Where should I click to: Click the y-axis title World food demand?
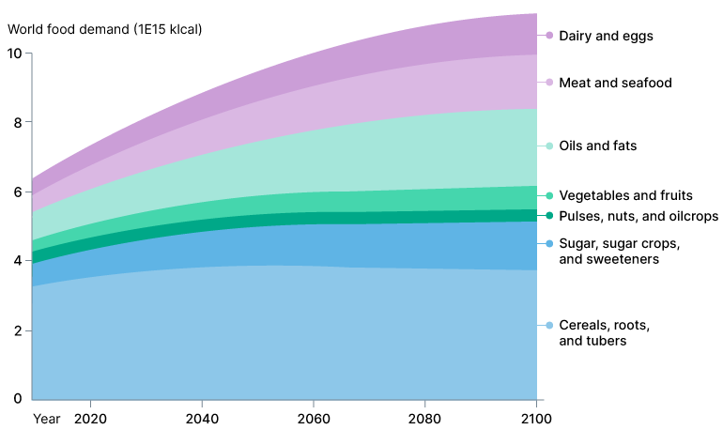pyautogui.click(x=104, y=29)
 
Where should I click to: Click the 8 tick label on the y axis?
pyautogui.click(x=17, y=122)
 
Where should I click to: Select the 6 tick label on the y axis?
pyautogui.click(x=17, y=192)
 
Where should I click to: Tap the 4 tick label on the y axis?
pyautogui.click(x=17, y=261)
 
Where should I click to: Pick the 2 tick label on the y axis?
pyautogui.click(x=17, y=330)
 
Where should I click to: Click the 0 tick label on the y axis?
pyautogui.click(x=17, y=399)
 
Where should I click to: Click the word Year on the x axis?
pyautogui.click(x=46, y=418)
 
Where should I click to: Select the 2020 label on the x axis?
pyautogui.click(x=90, y=418)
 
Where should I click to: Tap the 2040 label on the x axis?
pyautogui.click(x=202, y=418)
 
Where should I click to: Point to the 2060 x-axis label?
pyautogui.click(x=314, y=418)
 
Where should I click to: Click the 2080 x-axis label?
pyautogui.click(x=425, y=418)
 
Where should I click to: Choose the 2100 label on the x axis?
pyautogui.click(x=536, y=418)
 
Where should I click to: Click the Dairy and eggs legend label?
pyautogui.click(x=606, y=36)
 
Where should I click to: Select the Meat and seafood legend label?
pyautogui.click(x=615, y=83)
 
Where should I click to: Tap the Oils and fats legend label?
pyautogui.click(x=597, y=146)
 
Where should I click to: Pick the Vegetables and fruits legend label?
pyautogui.click(x=625, y=195)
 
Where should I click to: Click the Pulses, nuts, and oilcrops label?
pyautogui.click(x=638, y=216)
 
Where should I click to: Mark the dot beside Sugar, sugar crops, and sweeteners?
pyautogui.click(x=549, y=244)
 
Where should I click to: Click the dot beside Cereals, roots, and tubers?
pyautogui.click(x=549, y=326)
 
